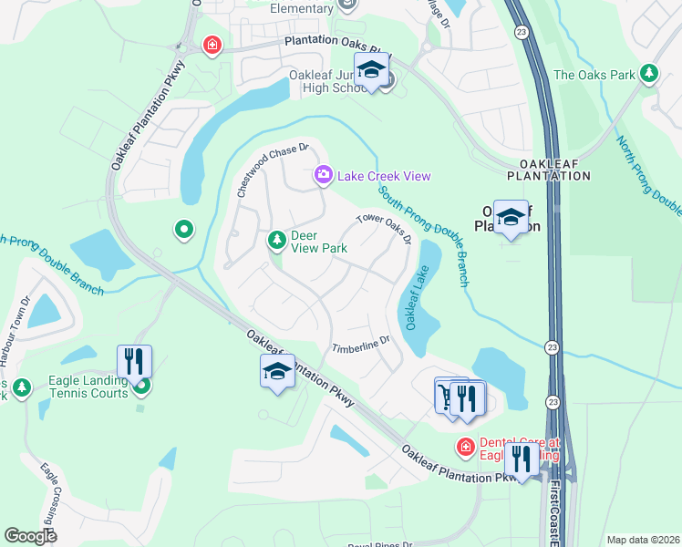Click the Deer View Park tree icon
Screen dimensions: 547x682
click(x=276, y=240)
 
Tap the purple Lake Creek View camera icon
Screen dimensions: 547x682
click(x=323, y=175)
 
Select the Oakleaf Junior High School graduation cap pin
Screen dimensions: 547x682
click(x=371, y=71)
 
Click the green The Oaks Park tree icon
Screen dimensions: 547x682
click(x=649, y=73)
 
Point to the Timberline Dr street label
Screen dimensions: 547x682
click(x=360, y=346)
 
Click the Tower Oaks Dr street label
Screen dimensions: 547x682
click(x=384, y=229)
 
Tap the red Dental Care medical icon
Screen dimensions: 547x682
click(x=465, y=446)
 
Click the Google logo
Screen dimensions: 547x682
click(x=31, y=536)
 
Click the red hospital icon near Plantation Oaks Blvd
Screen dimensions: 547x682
click(x=212, y=46)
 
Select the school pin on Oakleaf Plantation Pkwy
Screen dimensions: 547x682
click(x=277, y=372)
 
